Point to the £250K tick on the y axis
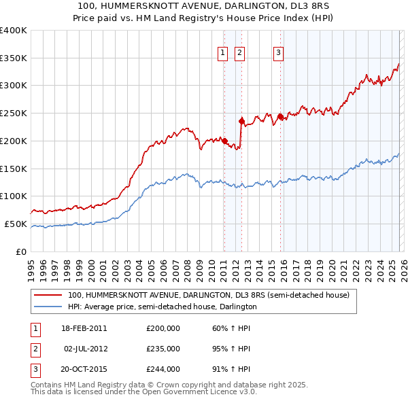(x=14, y=114)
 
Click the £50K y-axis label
(x=16, y=224)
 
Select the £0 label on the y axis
(x=21, y=251)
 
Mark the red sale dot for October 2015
(x=280, y=117)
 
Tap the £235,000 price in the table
(x=163, y=348)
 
